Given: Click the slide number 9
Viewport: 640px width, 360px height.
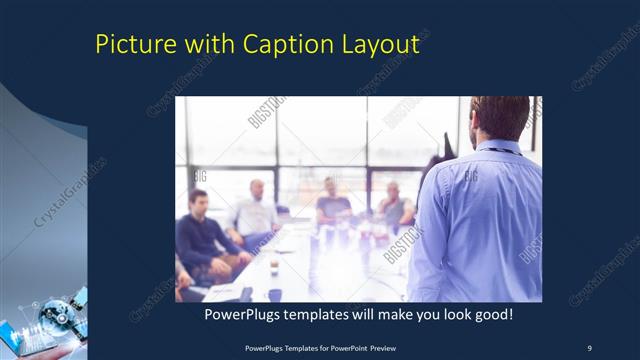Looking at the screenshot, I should click(x=588, y=347).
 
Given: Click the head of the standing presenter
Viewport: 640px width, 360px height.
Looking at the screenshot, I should click(x=499, y=118).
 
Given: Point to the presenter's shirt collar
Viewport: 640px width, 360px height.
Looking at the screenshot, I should click(x=497, y=147).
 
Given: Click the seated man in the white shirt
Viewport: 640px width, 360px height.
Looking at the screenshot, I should click(x=254, y=212).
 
